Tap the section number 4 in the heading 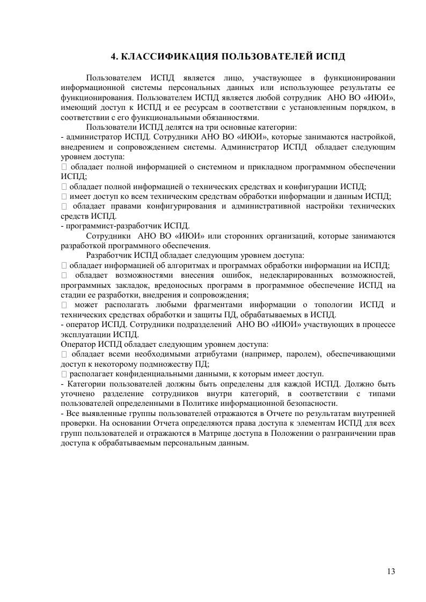[x=113, y=56]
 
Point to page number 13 [x=391, y=571]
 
